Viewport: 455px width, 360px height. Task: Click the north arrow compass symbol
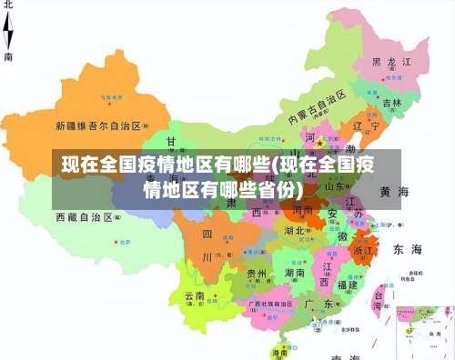pos(9,31)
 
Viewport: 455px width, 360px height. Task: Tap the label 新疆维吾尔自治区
pos(97,125)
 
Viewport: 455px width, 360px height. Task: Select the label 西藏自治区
pos(84,218)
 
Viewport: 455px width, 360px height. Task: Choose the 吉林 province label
pos(391,104)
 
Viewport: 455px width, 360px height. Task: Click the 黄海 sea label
pos(394,192)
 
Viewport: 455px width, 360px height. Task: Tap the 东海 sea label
pos(407,248)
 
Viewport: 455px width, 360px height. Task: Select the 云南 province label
pos(195,296)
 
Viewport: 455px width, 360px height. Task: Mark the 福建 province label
pos(346,285)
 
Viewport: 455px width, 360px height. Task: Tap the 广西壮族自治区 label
pos(266,303)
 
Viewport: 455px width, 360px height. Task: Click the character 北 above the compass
pos(8,5)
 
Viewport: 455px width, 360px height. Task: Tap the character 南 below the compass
pos(8,56)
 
